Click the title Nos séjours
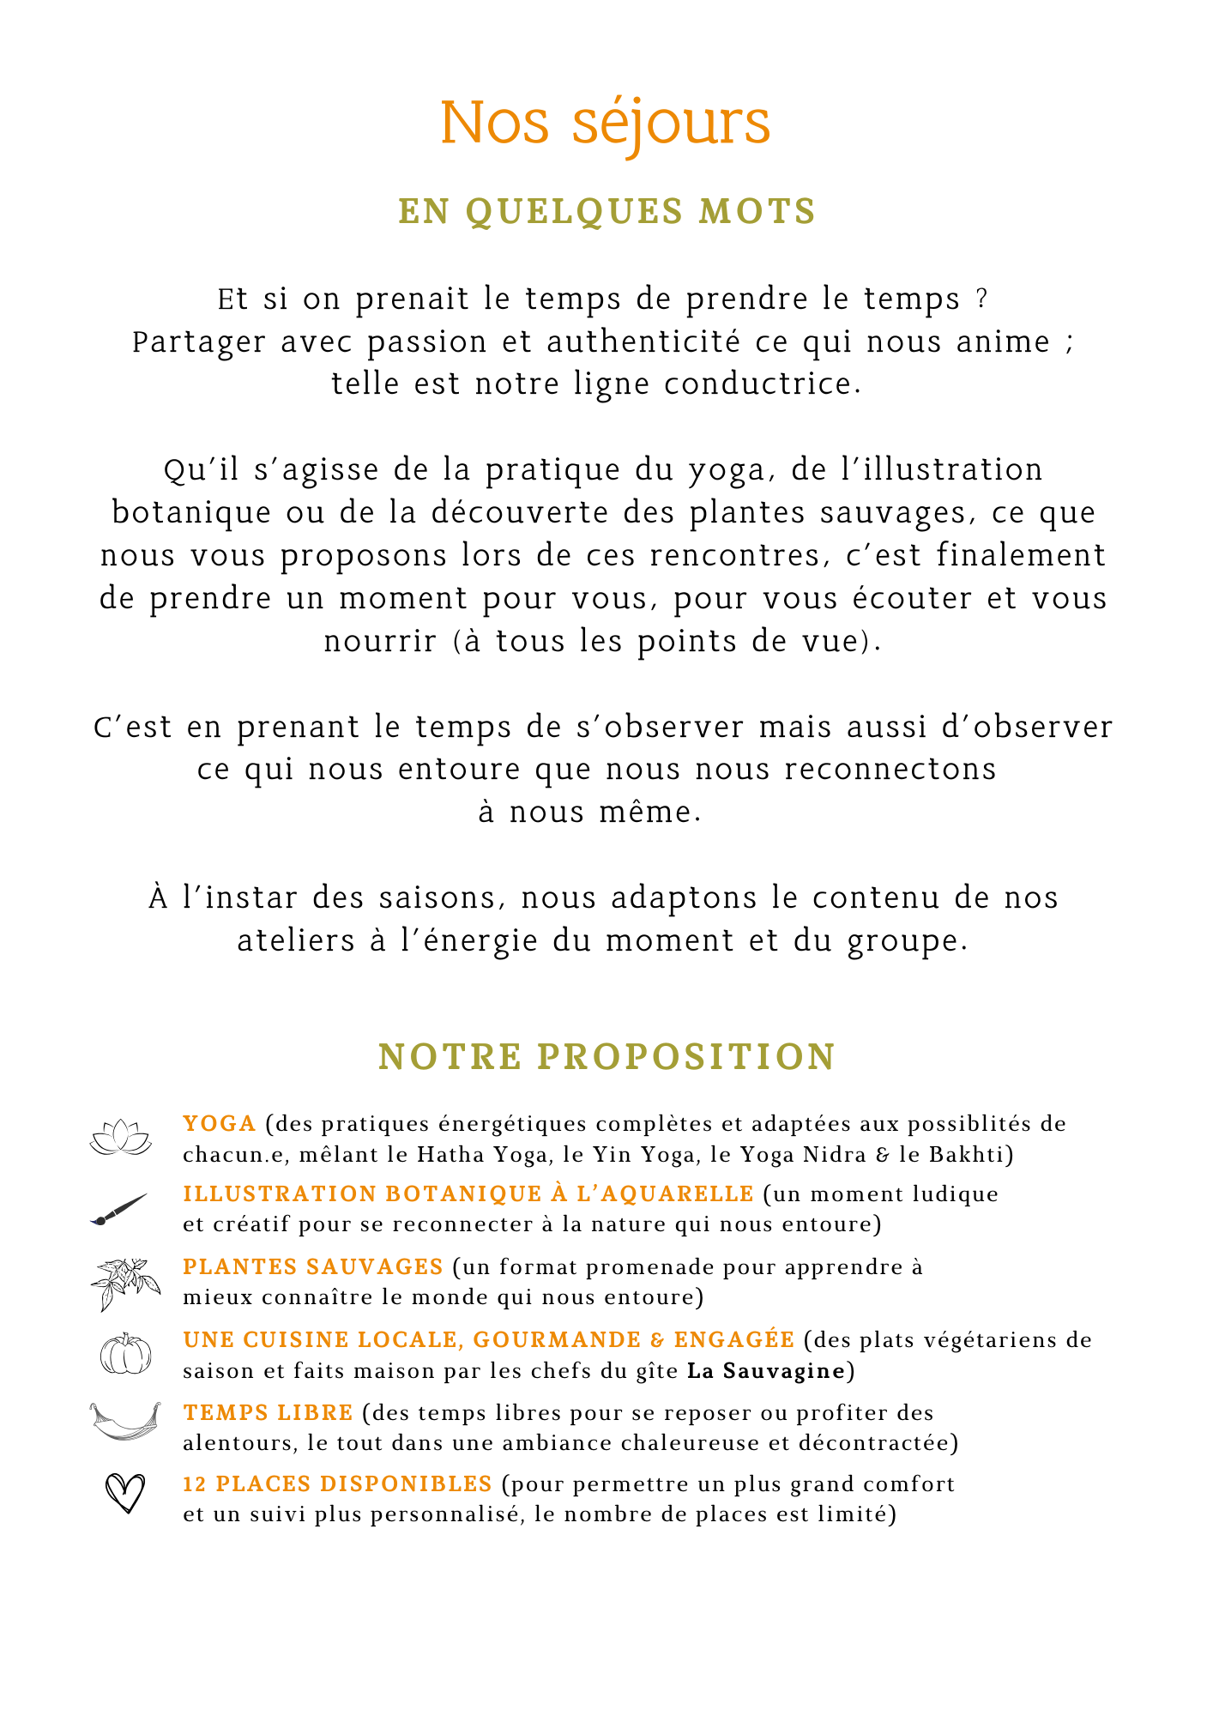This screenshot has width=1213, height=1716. point(606,123)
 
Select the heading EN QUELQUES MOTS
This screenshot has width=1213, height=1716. point(606,212)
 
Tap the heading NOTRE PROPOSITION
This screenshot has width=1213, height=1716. point(606,1056)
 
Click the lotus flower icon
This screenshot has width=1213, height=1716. point(121,1138)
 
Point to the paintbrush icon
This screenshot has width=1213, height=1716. point(119,1210)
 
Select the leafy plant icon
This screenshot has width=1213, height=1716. point(124,1284)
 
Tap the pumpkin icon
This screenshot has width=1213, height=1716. point(125,1354)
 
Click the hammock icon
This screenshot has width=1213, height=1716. point(125,1422)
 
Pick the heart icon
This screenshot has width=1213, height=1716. point(125,1494)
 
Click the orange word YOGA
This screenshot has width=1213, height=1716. point(220,1123)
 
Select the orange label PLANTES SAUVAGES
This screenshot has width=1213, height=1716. point(313,1266)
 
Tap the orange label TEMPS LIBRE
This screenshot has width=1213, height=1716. point(268,1412)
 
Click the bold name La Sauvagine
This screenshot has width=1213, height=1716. point(766,1371)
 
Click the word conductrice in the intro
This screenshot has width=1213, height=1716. point(762,384)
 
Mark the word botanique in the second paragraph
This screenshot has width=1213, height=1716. point(191,513)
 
